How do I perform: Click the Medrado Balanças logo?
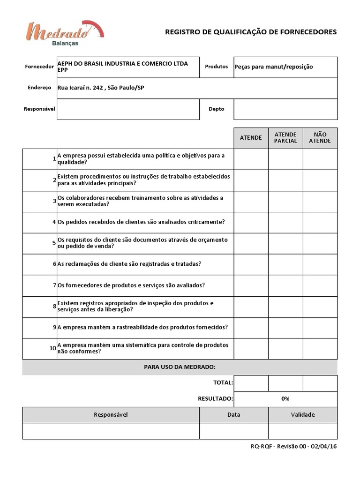pyautogui.click(x=65, y=34)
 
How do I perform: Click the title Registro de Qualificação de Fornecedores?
pyautogui.click(x=251, y=32)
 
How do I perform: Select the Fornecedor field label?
pyautogui.click(x=39, y=67)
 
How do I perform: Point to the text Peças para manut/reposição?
pyautogui.click(x=273, y=67)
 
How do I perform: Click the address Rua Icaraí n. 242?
pyautogui.click(x=100, y=88)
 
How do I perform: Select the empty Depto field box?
pyautogui.click(x=285, y=109)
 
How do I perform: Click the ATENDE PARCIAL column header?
pyautogui.click(x=285, y=138)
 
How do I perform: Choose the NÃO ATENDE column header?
pyautogui.click(x=320, y=138)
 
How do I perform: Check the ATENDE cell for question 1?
pyautogui.click(x=251, y=159)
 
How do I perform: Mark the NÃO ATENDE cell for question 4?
pyautogui.click(x=320, y=222)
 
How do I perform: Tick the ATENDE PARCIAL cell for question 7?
pyautogui.click(x=285, y=285)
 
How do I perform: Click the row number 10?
pyautogui.click(x=52, y=349)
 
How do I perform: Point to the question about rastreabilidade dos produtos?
pyautogui.click(x=143, y=328)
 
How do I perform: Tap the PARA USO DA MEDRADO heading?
pyautogui.click(x=180, y=367)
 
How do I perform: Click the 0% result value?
pyautogui.click(x=285, y=399)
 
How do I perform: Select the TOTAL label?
pyautogui.click(x=223, y=383)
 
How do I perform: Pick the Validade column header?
pyautogui.click(x=302, y=415)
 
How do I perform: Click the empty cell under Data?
pyautogui.click(x=233, y=431)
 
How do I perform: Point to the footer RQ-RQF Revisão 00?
pyautogui.click(x=293, y=446)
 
